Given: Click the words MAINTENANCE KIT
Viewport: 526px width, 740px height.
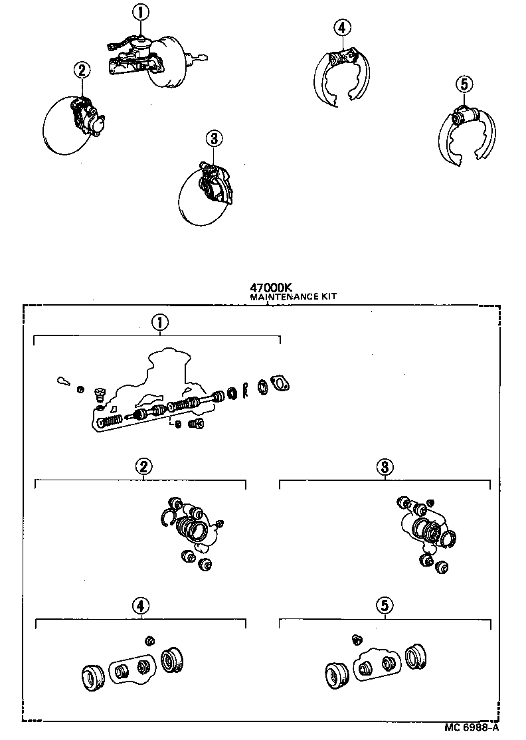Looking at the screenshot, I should pyautogui.click(x=293, y=298).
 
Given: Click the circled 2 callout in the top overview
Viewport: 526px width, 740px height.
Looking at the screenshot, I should pyautogui.click(x=81, y=69).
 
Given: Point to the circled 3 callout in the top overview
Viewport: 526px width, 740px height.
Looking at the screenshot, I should pyautogui.click(x=213, y=139).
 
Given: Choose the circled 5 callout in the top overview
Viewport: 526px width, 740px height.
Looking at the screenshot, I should pyautogui.click(x=464, y=84).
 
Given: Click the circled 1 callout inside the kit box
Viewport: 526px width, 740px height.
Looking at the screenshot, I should pyautogui.click(x=159, y=323).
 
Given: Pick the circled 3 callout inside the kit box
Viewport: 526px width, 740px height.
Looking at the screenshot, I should pyautogui.click(x=385, y=467).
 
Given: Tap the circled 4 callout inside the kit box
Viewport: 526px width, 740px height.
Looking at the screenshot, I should pyautogui.click(x=140, y=605).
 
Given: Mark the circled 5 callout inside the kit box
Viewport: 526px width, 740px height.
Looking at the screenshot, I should pyautogui.click(x=385, y=605).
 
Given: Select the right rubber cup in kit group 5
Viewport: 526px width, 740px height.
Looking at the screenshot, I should pyautogui.click(x=416, y=656).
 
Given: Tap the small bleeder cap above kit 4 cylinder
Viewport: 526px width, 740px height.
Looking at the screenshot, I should pyautogui.click(x=149, y=640).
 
